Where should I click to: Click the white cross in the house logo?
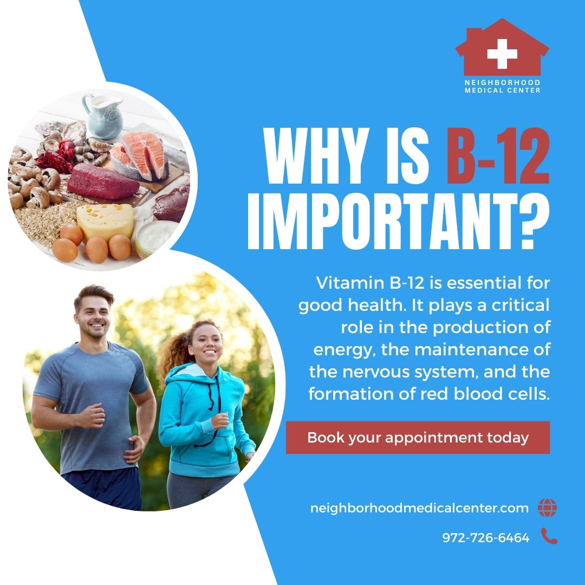pyautogui.click(x=502, y=54)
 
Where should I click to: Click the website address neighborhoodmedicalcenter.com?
pyautogui.click(x=419, y=509)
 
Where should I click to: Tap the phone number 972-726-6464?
pyautogui.click(x=485, y=538)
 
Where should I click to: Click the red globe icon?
pyautogui.click(x=547, y=508)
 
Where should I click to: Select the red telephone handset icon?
pyautogui.click(x=549, y=537)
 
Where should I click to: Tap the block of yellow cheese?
pyautogui.click(x=105, y=221)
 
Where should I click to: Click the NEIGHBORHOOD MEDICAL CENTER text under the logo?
pyautogui.click(x=502, y=86)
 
